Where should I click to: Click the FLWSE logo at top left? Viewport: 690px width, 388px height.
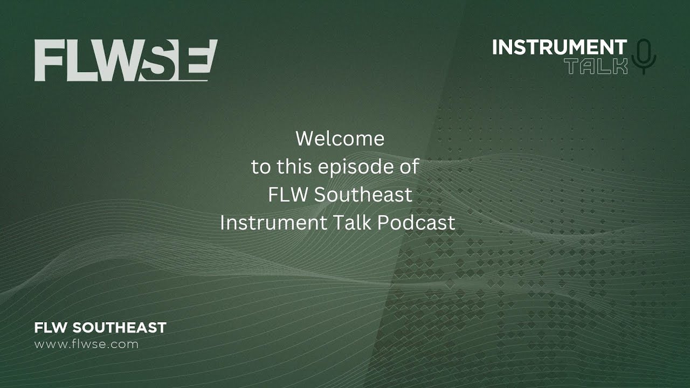(x=126, y=60)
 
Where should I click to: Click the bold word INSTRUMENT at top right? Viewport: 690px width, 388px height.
(x=559, y=47)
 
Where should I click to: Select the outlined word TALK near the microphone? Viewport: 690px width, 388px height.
(x=596, y=66)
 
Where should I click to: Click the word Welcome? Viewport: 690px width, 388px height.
(x=340, y=139)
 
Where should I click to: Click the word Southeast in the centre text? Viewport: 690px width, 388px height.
(x=363, y=195)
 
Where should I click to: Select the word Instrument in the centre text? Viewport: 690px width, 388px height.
(x=267, y=223)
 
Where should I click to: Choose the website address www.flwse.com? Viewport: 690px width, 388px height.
(x=86, y=344)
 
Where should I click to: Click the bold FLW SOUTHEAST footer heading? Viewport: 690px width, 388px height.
(x=100, y=327)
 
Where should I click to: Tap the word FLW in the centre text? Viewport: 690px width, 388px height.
(x=288, y=195)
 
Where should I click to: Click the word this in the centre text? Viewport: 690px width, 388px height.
(x=294, y=167)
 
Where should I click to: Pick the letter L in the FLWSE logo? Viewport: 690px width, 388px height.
(x=79, y=60)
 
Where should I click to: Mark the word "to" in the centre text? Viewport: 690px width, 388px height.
(x=261, y=167)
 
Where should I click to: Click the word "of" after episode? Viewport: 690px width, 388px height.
(x=409, y=167)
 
